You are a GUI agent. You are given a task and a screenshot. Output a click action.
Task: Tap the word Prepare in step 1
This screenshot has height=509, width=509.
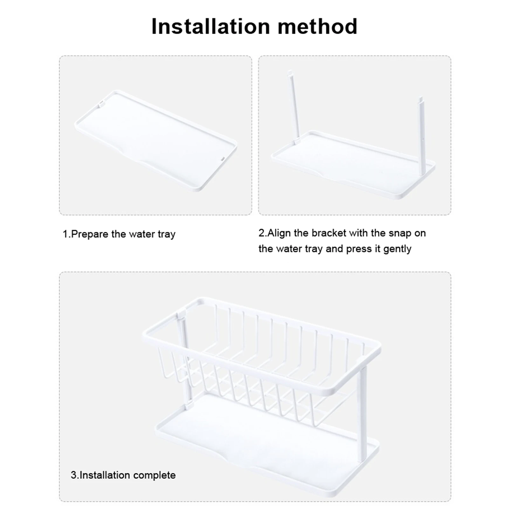[x=90, y=234]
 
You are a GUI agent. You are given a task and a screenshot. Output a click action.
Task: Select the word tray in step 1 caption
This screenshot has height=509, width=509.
[x=166, y=235]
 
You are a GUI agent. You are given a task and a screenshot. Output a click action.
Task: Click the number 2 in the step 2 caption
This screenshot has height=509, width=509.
[x=261, y=233]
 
